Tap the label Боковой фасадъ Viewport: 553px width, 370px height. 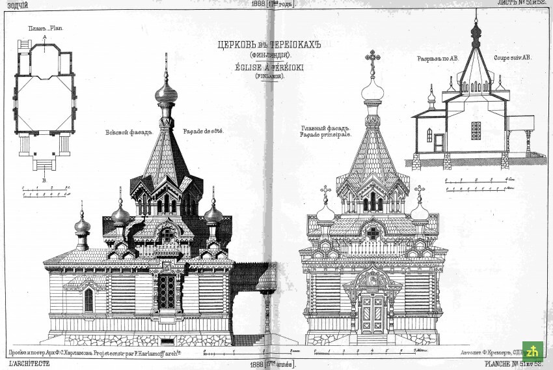point(128,133)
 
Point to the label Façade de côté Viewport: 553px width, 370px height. point(203,132)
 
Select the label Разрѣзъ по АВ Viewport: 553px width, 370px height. point(438,59)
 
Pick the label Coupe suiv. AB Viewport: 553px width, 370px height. point(512,58)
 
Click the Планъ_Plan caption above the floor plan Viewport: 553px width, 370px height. point(45,29)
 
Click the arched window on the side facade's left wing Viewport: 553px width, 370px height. point(88,299)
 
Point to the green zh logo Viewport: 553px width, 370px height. point(533,350)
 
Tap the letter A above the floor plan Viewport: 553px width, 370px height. point(44,38)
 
